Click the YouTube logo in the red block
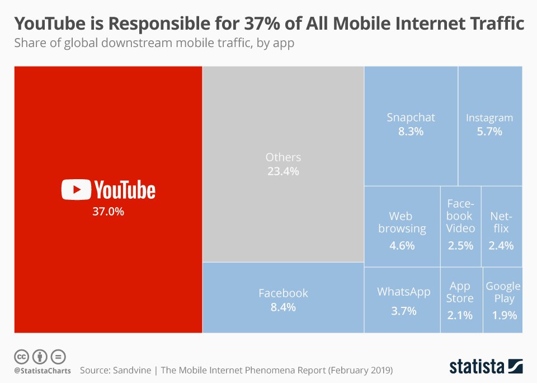[x=108, y=190]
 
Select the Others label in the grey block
[x=283, y=157]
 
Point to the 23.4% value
[x=283, y=171]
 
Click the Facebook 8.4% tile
[x=283, y=300]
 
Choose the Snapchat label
[x=411, y=118]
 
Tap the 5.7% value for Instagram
[x=489, y=132]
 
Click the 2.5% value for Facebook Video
[x=460, y=245]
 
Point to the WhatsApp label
[x=403, y=292]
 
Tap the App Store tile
[x=460, y=300]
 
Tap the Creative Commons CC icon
[x=21, y=356]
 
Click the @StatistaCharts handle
[x=42, y=371]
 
